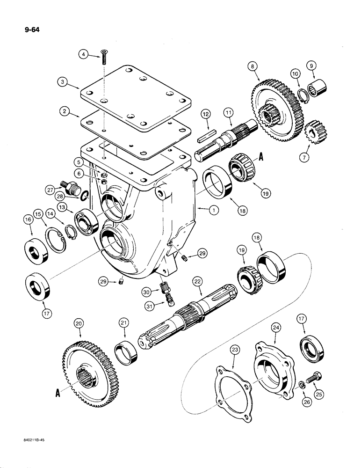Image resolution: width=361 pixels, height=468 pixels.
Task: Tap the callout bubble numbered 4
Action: pyautogui.click(x=84, y=55)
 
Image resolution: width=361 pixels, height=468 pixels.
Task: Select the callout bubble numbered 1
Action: pyautogui.click(x=213, y=211)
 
